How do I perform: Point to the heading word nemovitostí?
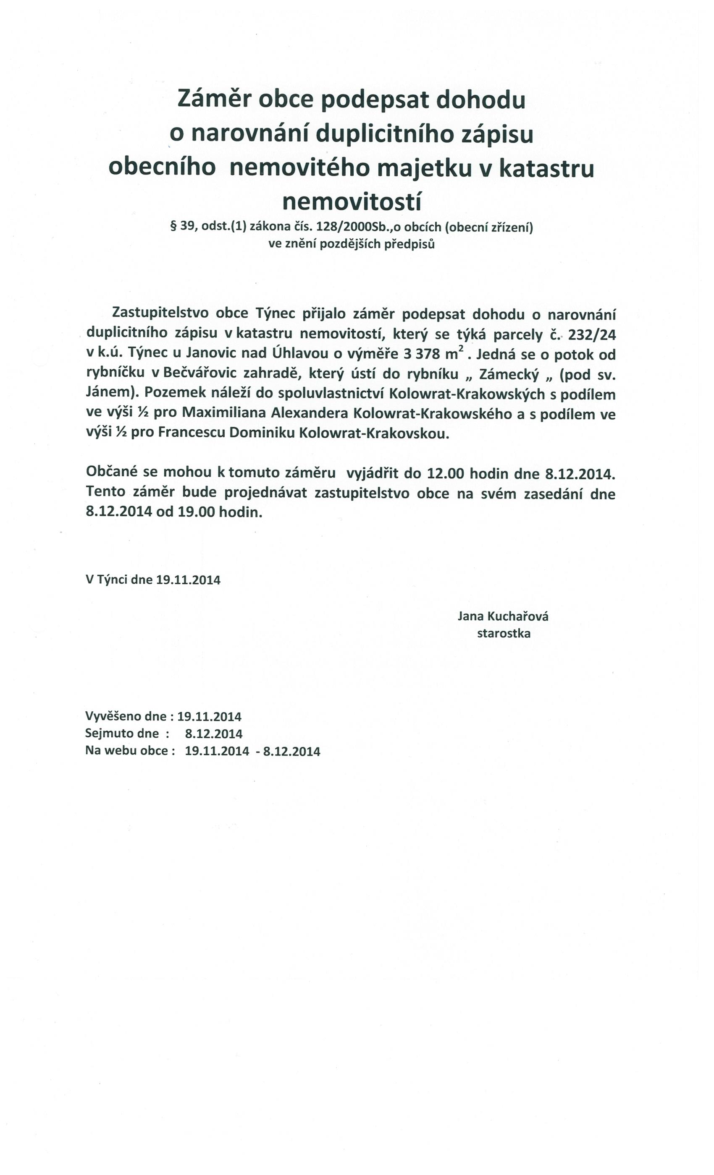(352, 202)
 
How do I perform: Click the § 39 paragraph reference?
(182, 227)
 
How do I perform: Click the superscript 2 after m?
(461, 349)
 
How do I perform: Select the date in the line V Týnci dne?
(188, 580)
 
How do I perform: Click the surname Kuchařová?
(517, 616)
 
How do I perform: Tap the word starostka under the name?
(504, 633)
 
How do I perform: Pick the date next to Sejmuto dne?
(213, 734)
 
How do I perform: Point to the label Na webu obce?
(127, 751)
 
